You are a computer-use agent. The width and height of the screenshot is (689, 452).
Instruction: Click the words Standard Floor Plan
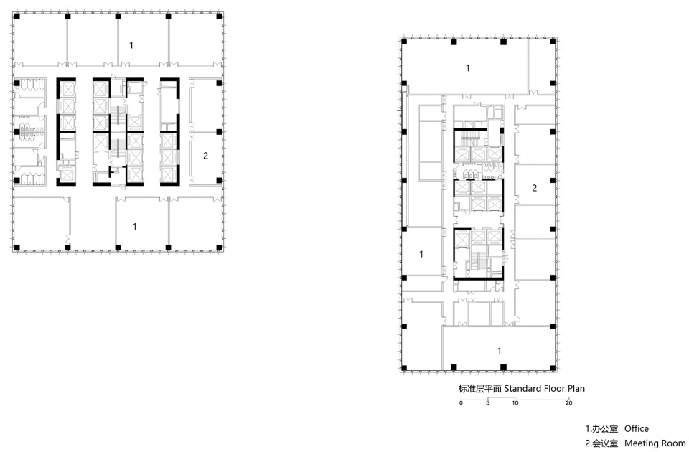coord(545,388)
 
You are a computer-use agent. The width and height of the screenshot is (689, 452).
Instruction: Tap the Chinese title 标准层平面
coord(480,389)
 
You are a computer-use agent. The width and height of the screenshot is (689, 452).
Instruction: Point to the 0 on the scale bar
coord(461,402)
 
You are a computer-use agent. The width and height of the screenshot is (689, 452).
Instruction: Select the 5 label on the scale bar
coord(488,402)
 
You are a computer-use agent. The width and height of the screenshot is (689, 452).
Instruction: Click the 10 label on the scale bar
coord(515,402)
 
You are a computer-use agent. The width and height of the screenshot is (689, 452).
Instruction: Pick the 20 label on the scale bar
coord(569,402)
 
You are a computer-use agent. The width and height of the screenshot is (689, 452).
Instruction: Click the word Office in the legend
coord(637,429)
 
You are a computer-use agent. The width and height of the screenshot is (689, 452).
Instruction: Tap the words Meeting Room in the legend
coord(655,443)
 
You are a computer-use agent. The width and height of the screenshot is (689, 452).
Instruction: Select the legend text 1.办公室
coord(601,429)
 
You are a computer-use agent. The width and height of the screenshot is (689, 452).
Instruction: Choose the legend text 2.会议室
coord(601,443)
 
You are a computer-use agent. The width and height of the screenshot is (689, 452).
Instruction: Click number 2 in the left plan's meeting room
coord(205,156)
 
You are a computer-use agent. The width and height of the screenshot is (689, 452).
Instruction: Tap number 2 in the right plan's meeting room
coord(534,188)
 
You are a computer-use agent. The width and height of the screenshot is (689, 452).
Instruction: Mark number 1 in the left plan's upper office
coord(131,44)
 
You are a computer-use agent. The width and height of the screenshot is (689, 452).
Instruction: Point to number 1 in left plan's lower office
coord(134,226)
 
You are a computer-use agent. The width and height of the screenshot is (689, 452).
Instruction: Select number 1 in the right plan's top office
coord(467,68)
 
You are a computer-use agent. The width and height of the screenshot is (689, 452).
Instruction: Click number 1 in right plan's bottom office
coord(499,351)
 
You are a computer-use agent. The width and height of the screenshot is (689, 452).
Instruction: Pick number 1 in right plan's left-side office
coord(421,254)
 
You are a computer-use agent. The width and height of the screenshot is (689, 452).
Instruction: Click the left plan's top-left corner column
coord(17,17)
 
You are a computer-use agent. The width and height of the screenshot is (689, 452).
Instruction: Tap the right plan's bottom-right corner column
coord(553,367)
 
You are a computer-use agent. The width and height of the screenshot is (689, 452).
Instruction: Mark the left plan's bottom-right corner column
coord(220,248)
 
